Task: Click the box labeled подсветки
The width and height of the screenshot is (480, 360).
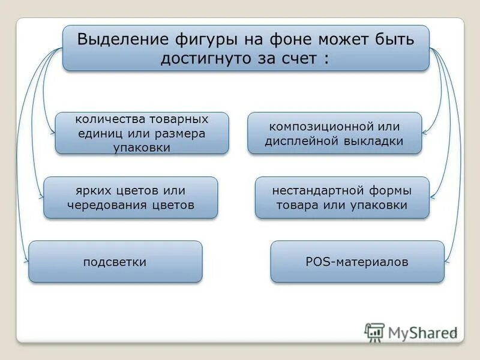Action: pyautogui.click(x=115, y=262)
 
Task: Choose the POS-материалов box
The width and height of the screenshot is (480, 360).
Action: pyautogui.click(x=357, y=262)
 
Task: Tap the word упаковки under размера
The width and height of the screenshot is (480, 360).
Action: pyautogui.click(x=142, y=147)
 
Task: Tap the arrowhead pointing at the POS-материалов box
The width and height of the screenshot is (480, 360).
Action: pyautogui.click(x=447, y=260)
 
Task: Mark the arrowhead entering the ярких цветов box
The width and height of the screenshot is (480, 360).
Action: pyautogui.click(x=41, y=196)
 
